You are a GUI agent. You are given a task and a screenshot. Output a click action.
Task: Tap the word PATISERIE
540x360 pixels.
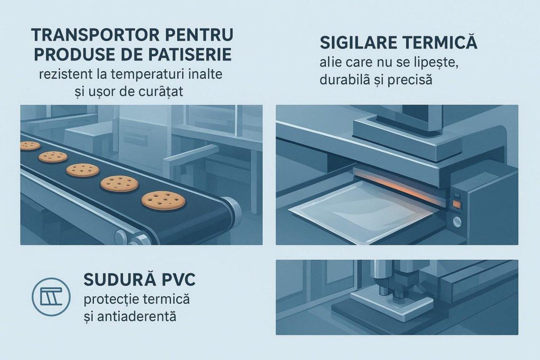click(x=191, y=54)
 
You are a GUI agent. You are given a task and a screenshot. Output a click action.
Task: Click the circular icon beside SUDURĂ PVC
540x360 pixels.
click(x=51, y=297)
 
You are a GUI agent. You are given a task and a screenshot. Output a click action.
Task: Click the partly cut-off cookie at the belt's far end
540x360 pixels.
click(x=30, y=146)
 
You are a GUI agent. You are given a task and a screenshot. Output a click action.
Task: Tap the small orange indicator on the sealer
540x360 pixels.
click(x=457, y=204)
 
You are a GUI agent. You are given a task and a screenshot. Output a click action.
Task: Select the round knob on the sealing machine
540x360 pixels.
click(x=457, y=221)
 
